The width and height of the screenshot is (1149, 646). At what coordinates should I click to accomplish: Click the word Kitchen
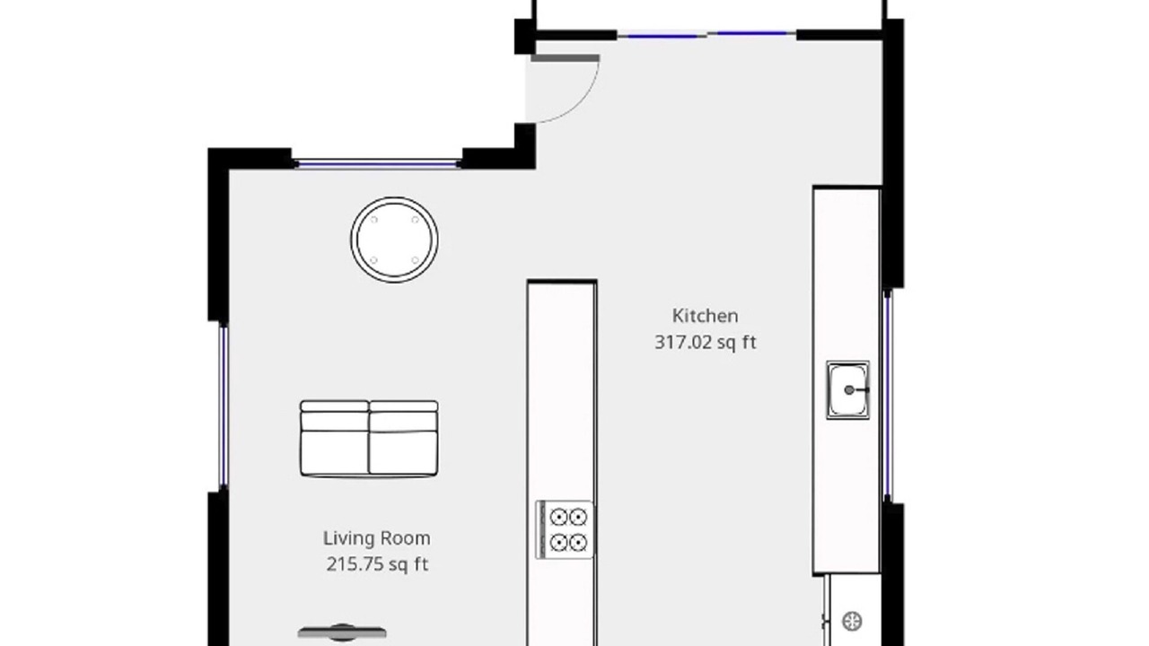[x=706, y=316]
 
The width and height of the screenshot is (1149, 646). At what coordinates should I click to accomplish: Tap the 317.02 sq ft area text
[x=706, y=343]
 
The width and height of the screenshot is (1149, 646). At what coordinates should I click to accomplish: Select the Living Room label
[x=377, y=538]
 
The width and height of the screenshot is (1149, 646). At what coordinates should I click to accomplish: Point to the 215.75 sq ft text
[x=377, y=564]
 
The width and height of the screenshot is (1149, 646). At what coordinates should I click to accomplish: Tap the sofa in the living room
[x=369, y=439]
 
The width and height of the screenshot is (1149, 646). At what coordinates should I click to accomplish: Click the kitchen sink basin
[x=848, y=390]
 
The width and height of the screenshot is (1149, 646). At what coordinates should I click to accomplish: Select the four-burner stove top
[x=565, y=529]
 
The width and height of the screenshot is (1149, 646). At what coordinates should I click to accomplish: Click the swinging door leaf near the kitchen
[x=565, y=58]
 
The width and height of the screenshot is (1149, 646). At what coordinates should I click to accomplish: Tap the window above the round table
[x=378, y=164]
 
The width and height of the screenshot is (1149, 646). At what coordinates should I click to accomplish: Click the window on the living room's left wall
[x=224, y=406]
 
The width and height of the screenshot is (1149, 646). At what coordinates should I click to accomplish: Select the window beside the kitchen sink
[x=888, y=395]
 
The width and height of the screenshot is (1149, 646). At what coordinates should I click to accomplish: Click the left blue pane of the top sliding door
[x=662, y=36]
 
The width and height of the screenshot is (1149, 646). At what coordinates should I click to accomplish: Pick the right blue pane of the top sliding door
[x=752, y=33]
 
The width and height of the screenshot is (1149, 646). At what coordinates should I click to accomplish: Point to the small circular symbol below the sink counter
[x=852, y=622]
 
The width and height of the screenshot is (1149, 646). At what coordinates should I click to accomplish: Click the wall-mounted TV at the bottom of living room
[x=342, y=633]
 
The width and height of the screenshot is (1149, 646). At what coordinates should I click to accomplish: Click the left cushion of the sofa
[x=335, y=439]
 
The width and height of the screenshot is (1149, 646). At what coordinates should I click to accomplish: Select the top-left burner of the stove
[x=558, y=518]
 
